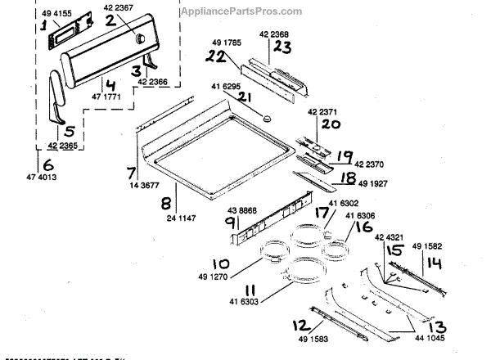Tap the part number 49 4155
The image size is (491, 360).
coord(54,13)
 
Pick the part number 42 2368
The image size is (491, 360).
coord(275,34)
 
